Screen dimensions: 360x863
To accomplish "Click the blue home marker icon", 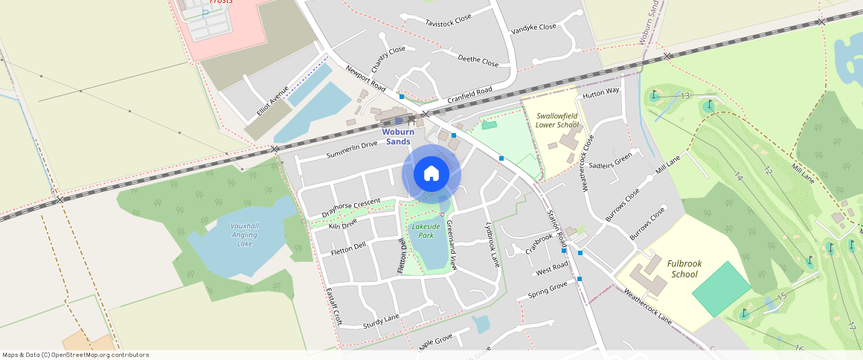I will pos(431,174).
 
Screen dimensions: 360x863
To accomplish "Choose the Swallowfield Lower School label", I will pos(556,120).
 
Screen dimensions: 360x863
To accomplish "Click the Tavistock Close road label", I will pos(449,23).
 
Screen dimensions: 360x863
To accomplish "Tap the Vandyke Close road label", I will pos(533,28).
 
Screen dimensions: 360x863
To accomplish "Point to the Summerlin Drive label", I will pos(352,150).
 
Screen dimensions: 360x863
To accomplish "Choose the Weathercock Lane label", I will pos(647,305).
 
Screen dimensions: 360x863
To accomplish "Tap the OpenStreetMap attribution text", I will pos(75,355).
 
